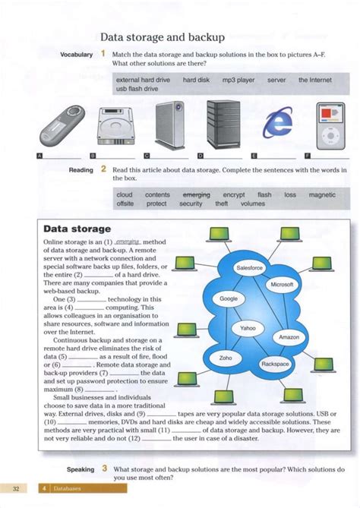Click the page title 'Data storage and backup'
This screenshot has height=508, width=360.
click(x=162, y=37)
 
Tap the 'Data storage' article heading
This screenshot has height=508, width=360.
click(x=77, y=229)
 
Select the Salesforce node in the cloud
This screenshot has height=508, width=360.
click(x=250, y=268)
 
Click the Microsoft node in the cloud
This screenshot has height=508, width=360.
click(x=282, y=284)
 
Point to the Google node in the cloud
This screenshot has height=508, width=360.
click(x=229, y=299)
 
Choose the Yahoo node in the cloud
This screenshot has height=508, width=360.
click(x=248, y=328)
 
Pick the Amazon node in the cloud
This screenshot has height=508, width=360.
click(x=289, y=337)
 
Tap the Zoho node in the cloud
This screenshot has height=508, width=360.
click(x=226, y=357)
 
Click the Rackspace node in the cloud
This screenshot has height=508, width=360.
click(x=275, y=364)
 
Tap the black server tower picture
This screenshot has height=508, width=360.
click(x=226, y=121)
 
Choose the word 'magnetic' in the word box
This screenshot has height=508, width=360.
click(x=322, y=195)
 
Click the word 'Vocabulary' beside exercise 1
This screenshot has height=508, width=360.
click(x=76, y=55)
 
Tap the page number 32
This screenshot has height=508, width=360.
click(x=17, y=488)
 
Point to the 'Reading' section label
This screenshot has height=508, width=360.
click(x=81, y=170)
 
